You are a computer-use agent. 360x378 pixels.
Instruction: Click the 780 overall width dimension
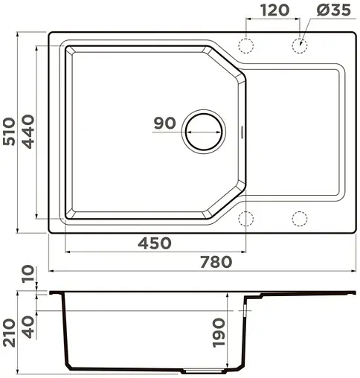(216, 261)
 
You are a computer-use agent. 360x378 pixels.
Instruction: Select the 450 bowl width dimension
(155, 243)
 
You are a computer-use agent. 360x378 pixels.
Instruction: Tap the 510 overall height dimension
(10, 132)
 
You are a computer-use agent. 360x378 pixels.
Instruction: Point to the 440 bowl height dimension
(29, 132)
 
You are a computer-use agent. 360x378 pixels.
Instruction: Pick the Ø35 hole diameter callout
(332, 10)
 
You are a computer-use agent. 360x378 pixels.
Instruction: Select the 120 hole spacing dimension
(274, 10)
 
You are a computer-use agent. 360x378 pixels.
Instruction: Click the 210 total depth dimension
(10, 334)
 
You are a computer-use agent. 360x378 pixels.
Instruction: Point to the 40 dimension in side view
(29, 325)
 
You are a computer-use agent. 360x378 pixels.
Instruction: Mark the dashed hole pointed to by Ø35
(300, 44)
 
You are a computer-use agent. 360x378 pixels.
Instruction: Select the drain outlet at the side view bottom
(198, 370)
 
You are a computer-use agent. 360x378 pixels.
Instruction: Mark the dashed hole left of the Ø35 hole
(246, 44)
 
